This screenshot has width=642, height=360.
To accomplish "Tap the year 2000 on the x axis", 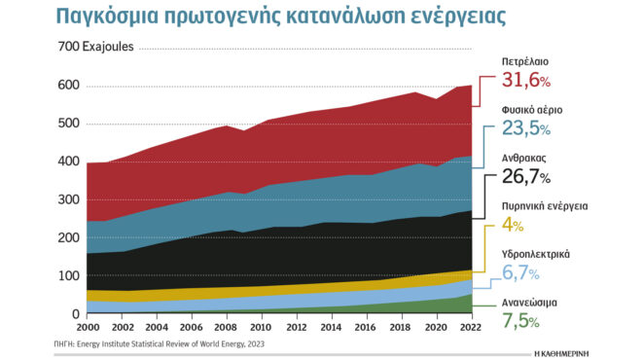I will (88, 328).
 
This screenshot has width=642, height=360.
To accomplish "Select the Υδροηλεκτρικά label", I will (535, 253).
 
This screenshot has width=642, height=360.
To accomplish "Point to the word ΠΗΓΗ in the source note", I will (66, 343).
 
